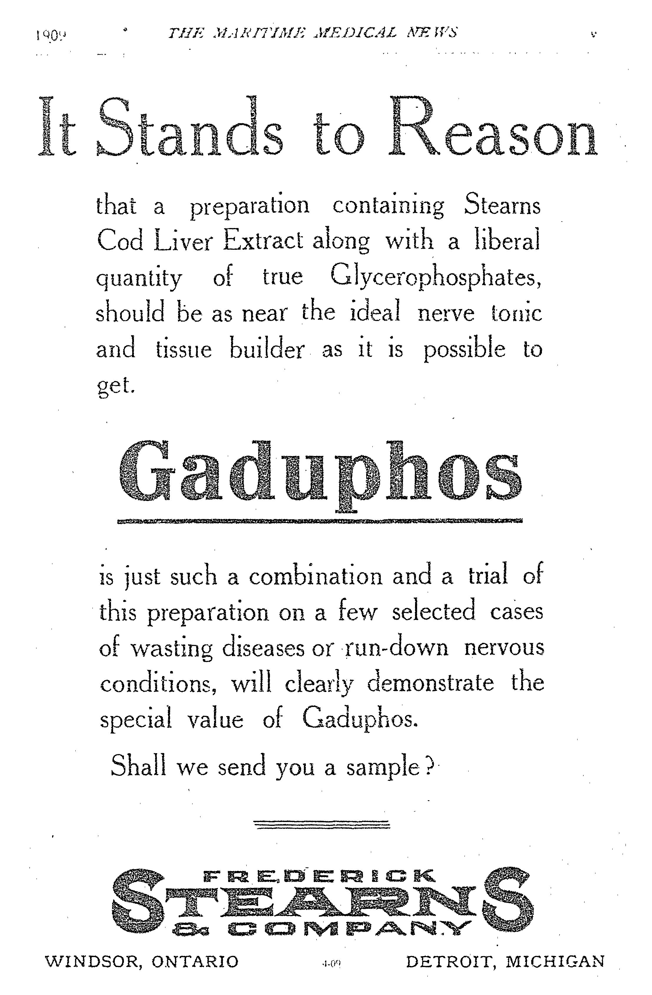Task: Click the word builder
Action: coord(266,349)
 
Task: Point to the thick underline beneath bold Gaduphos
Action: coord(320,521)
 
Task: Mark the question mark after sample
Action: coord(429,767)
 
